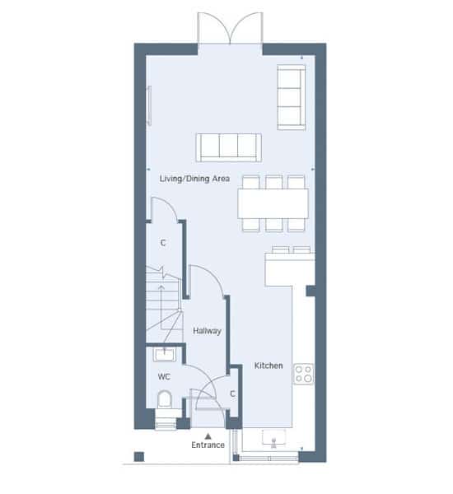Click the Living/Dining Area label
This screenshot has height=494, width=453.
tap(194, 179)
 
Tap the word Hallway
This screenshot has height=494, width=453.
tap(207, 331)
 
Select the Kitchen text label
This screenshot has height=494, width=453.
tap(269, 366)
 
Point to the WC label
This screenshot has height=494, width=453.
tap(164, 376)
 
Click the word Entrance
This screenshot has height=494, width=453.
tap(208, 445)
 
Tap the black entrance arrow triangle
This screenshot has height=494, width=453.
tap(208, 436)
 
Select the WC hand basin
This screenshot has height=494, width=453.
tap(164, 354)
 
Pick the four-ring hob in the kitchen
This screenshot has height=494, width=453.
tap(304, 374)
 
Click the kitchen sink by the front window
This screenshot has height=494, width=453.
tap(273, 438)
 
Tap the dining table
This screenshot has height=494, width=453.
tap(273, 203)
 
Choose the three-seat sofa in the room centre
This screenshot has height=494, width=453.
tap(228, 147)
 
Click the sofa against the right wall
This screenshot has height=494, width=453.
tap(292, 97)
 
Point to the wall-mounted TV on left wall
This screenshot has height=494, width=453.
tap(149, 105)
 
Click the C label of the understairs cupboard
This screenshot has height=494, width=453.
tap(163, 243)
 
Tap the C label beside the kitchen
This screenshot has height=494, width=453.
tap(232, 394)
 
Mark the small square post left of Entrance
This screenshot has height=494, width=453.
tap(139, 456)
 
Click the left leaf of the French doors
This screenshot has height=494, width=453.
tap(213, 28)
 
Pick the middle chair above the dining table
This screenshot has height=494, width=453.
tap(273, 182)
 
